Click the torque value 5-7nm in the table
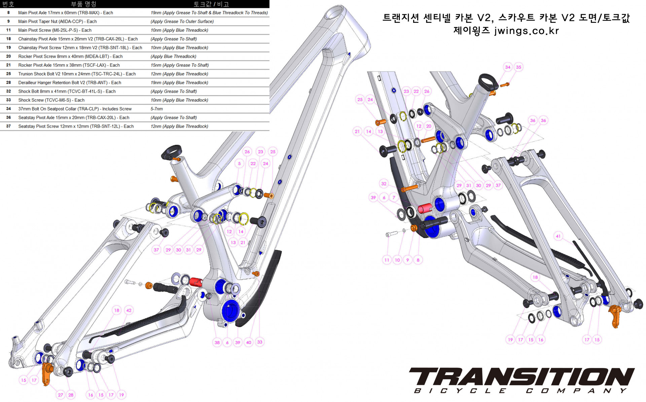click(156, 109)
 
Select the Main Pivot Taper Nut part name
click(57, 22)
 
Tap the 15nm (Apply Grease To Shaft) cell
click(179, 65)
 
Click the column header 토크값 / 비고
click(211, 4)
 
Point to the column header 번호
click(8, 4)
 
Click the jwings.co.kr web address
click(526, 31)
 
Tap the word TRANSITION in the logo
click(522, 376)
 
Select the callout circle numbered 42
click(129, 310)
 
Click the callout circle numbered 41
click(558, 236)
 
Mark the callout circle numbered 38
click(217, 343)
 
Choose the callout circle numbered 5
click(239, 164)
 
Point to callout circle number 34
click(508, 67)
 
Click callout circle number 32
click(384, 184)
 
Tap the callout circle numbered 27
click(61, 395)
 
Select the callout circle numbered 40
click(249, 343)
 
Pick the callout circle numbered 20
click(429, 126)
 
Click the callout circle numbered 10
click(397, 260)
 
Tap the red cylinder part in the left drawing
click(195, 282)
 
